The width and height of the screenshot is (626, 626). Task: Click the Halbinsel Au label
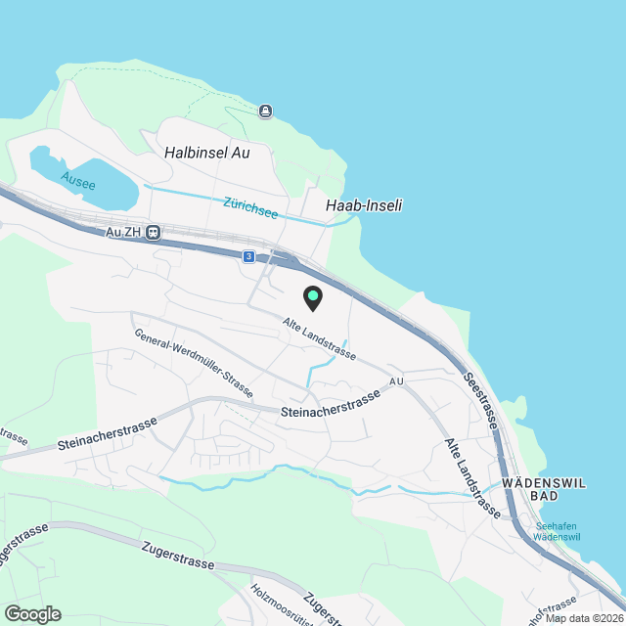click(208, 153)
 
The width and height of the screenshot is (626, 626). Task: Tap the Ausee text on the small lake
click(78, 180)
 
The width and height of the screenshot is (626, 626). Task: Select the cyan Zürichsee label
click(250, 207)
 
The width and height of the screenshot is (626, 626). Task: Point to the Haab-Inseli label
click(364, 205)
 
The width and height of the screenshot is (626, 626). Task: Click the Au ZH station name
click(125, 234)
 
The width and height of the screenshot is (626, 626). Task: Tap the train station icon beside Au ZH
click(155, 234)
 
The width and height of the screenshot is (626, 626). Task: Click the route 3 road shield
click(249, 256)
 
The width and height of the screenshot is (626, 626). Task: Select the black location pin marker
click(312, 297)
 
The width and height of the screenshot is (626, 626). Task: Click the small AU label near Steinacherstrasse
click(395, 381)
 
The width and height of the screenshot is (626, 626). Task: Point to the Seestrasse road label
click(482, 401)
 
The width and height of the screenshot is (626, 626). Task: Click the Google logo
click(32, 613)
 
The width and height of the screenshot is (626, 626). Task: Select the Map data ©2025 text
click(584, 618)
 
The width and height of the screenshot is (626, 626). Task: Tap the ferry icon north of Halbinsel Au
click(265, 111)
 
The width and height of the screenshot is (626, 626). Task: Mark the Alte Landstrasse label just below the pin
click(318, 338)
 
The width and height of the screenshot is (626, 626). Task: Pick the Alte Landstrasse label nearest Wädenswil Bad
click(473, 478)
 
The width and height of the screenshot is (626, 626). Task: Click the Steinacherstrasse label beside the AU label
click(330, 407)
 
